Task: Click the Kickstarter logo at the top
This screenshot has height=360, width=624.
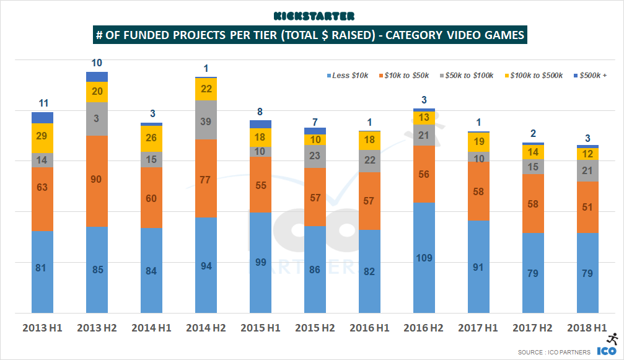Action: pyautogui.click(x=313, y=15)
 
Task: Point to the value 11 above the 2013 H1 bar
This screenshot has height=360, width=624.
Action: pyautogui.click(x=43, y=103)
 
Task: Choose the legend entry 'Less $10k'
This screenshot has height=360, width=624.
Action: pyautogui.click(x=348, y=76)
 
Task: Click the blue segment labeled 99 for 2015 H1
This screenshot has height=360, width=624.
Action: pyautogui.click(x=260, y=263)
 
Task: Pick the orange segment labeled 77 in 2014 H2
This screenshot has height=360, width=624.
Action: pyautogui.click(x=206, y=178)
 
